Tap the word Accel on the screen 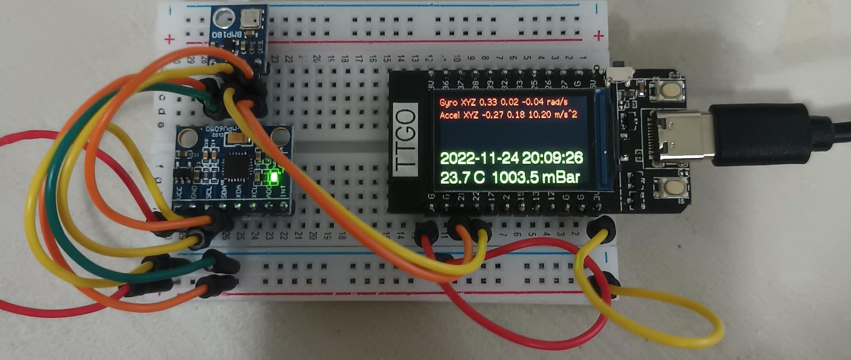pos(450,115)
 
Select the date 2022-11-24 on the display pos(479,158)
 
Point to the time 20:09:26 pos(552,158)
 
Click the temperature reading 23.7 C pos(462,177)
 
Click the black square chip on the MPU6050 pos(234,167)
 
